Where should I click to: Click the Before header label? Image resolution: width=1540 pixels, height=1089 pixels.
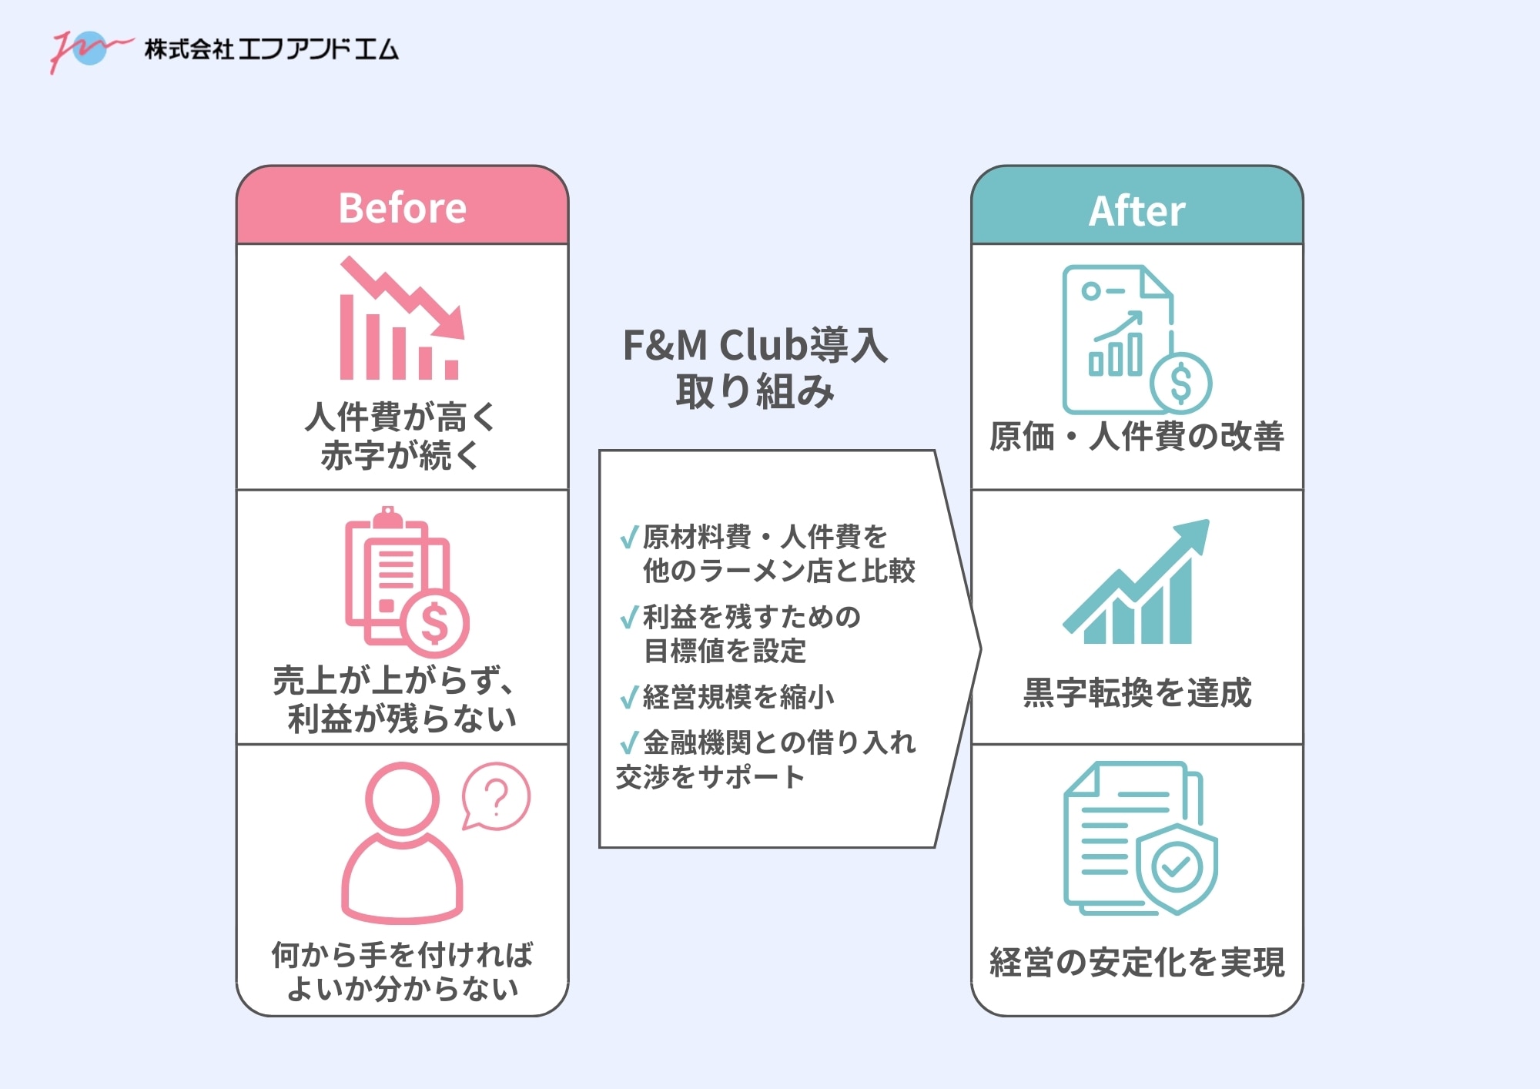[x=402, y=208]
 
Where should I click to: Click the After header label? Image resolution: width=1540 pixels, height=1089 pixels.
[x=1137, y=210]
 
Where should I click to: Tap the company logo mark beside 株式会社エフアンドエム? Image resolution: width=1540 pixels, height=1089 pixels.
[x=89, y=49]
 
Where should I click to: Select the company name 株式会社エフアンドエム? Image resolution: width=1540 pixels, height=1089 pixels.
[x=271, y=49]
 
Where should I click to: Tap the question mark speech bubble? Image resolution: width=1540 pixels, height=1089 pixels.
[x=496, y=797]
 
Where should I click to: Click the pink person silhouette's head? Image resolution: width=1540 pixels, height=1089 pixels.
[x=402, y=798]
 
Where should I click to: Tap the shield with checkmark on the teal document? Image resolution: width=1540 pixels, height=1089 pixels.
[x=1176, y=866]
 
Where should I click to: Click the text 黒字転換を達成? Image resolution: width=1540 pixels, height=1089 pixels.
[x=1137, y=692]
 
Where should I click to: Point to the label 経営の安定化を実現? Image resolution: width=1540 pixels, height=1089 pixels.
[x=1137, y=962]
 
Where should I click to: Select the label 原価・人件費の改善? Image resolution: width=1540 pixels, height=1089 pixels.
[x=1137, y=436]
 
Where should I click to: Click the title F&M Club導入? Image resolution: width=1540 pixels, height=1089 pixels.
[x=755, y=345]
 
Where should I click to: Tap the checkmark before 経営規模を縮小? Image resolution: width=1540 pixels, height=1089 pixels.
[x=629, y=697]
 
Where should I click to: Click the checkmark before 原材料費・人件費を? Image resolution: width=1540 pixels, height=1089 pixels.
[x=629, y=537]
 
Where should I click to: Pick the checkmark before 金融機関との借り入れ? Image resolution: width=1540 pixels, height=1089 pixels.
[x=629, y=742]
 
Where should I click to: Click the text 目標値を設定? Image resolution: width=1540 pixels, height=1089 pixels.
[x=725, y=652]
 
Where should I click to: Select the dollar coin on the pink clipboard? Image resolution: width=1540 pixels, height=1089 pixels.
[x=435, y=622]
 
